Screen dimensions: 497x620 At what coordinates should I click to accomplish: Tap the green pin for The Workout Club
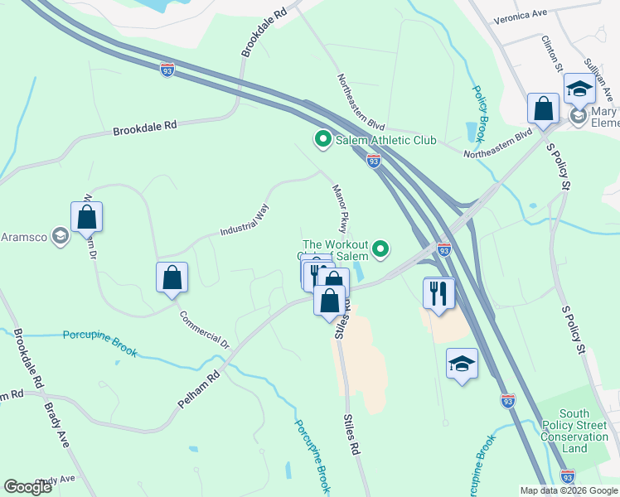(380, 248)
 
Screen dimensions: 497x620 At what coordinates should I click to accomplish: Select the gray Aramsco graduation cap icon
(59, 237)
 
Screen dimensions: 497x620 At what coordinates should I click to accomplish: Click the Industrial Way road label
(245, 220)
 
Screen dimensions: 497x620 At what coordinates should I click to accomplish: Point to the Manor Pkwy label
(340, 208)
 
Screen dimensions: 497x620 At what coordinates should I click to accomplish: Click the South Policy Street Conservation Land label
(574, 431)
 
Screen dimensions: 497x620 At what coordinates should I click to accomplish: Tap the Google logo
(27, 486)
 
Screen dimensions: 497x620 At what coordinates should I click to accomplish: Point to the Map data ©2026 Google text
(569, 490)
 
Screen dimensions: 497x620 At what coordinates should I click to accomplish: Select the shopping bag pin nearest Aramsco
(87, 218)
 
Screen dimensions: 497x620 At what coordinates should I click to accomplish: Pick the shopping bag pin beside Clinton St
(544, 109)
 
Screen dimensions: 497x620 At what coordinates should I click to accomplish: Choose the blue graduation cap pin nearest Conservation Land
(462, 364)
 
